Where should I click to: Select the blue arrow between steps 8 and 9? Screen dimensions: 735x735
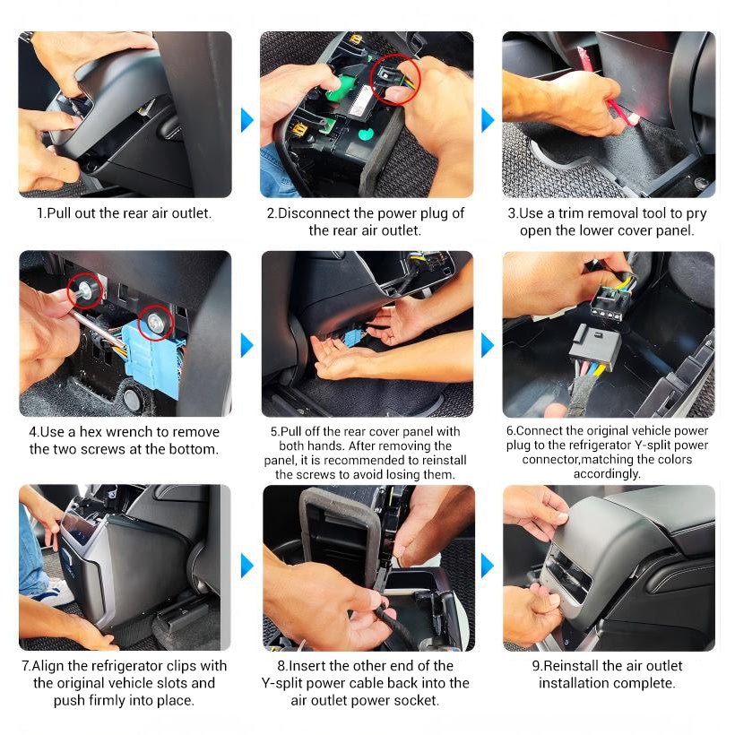(x=488, y=566)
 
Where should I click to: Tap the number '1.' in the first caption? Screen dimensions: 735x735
(x=41, y=213)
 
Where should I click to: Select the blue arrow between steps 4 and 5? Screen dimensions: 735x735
(x=246, y=344)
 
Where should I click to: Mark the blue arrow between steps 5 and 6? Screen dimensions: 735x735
(x=488, y=344)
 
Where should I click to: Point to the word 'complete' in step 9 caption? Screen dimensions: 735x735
(x=647, y=683)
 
